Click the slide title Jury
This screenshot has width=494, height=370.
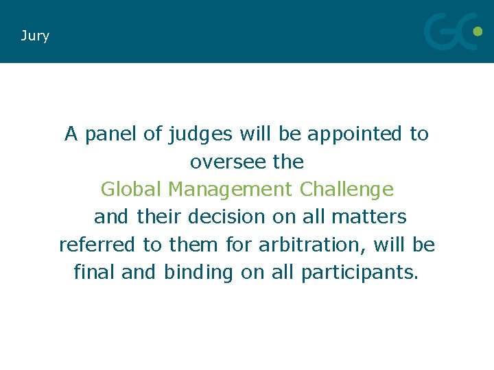click(x=35, y=36)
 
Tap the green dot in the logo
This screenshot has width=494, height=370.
click(x=478, y=31)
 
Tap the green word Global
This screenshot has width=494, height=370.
click(x=131, y=188)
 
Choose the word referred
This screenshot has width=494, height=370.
click(x=97, y=244)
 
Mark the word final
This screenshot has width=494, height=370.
click(x=95, y=272)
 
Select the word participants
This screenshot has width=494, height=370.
click(x=359, y=273)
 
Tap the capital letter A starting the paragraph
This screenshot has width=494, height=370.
click(x=71, y=134)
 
